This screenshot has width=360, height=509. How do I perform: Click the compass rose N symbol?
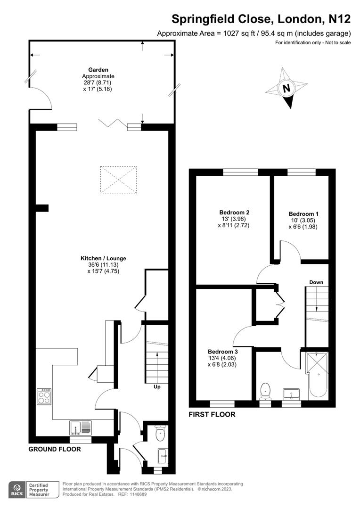[x=286, y=88]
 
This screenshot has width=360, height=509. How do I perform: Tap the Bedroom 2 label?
[x=234, y=212]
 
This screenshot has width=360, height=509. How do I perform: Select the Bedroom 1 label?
[x=303, y=214]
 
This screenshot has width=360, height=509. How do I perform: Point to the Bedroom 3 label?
[x=223, y=352]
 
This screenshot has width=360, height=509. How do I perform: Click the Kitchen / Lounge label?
[x=103, y=258]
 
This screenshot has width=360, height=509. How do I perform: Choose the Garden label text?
[x=98, y=69]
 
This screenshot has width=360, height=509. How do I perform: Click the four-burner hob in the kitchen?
[x=44, y=396]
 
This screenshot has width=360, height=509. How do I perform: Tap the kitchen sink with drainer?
[x=81, y=428]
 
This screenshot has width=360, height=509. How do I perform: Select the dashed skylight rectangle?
[x=118, y=180]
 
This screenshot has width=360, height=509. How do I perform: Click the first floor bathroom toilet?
[x=266, y=391]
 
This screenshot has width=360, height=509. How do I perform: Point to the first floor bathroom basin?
[x=291, y=394]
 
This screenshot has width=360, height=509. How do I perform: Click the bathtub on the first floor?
[x=317, y=376]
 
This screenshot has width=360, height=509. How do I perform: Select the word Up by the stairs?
[x=157, y=387]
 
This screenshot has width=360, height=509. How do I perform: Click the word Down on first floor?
[x=316, y=282]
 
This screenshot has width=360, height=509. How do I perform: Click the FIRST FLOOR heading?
[x=212, y=415]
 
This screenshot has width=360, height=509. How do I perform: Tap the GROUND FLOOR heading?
[x=55, y=449]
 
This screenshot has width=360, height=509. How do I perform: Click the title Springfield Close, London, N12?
[x=261, y=19]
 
